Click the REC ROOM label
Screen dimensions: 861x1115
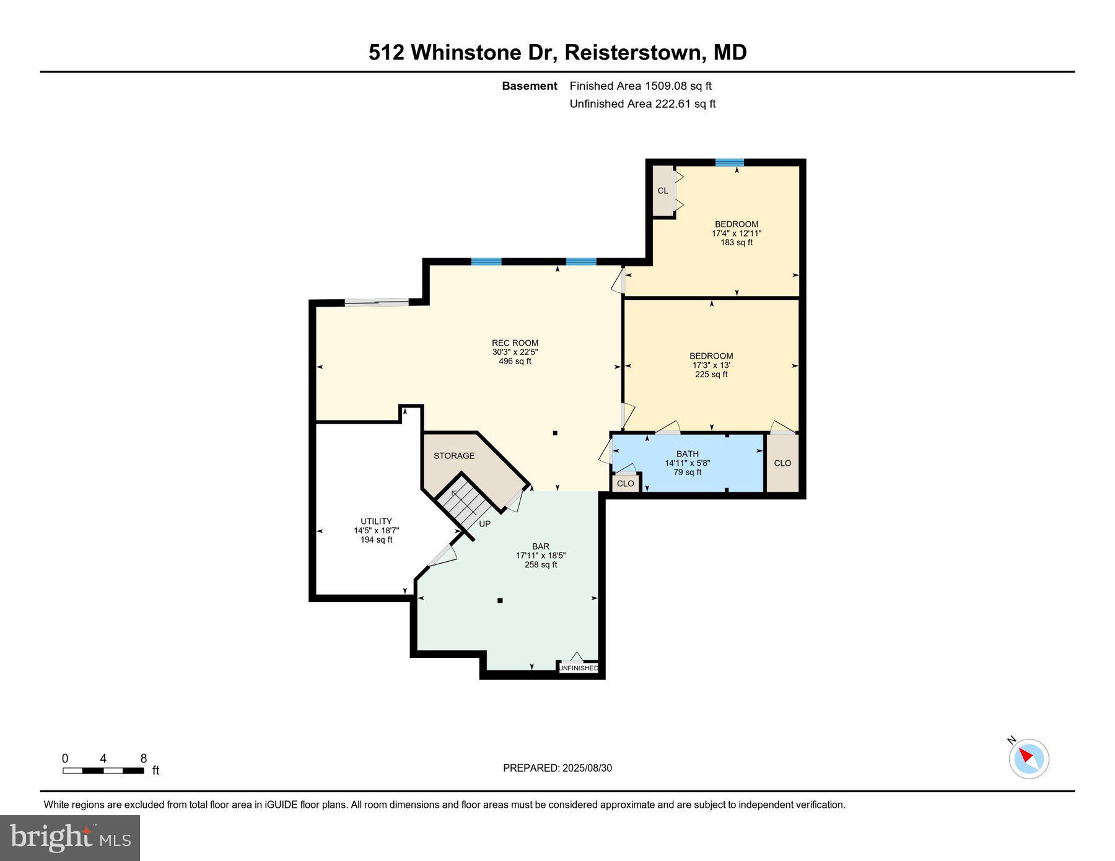[515, 343]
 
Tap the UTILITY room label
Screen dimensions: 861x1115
[376, 521]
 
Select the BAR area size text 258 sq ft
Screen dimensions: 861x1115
[541, 565]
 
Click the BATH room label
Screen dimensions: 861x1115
[687, 454]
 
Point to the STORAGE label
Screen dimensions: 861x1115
[454, 456]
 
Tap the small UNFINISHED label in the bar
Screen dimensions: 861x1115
[579, 668]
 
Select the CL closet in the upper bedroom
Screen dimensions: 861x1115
[663, 191]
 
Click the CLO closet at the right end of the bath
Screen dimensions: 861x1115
[782, 463]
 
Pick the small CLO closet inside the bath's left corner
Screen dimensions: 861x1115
[626, 483]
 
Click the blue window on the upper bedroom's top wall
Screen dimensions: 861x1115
[729, 163]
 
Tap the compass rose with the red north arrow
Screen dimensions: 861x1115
[1029, 758]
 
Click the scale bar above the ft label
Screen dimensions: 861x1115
[103, 771]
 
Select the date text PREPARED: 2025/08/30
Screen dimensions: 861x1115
[557, 768]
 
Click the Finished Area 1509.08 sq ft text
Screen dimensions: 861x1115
[641, 86]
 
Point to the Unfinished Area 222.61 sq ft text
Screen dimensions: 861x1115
[642, 104]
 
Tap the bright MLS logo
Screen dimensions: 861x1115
[70, 838]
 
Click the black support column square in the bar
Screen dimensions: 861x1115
[500, 600]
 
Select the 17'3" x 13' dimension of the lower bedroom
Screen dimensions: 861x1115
[711, 365]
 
